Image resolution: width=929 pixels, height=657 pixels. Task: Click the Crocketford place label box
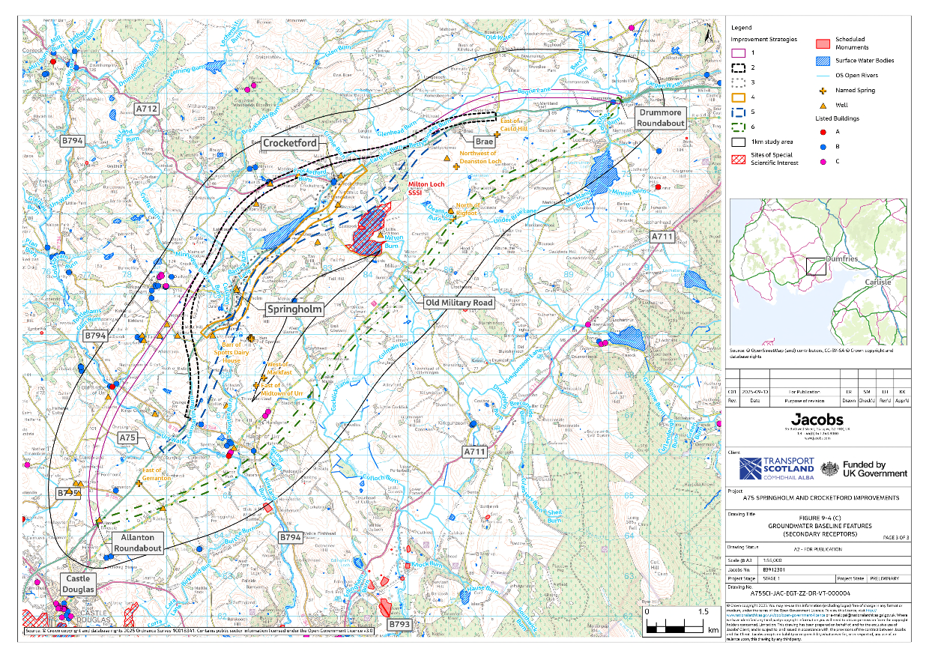(x=289, y=143)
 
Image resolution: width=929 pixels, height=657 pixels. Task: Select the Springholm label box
(x=294, y=309)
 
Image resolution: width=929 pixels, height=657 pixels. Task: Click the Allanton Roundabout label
(x=137, y=543)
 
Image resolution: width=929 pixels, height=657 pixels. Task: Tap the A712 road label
(x=147, y=109)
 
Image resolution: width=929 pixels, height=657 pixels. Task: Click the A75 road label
(x=128, y=437)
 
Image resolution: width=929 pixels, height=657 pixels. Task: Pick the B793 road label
(x=399, y=623)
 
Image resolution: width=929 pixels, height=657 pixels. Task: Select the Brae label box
(x=483, y=141)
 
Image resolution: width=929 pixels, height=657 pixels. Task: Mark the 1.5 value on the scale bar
(x=703, y=611)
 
